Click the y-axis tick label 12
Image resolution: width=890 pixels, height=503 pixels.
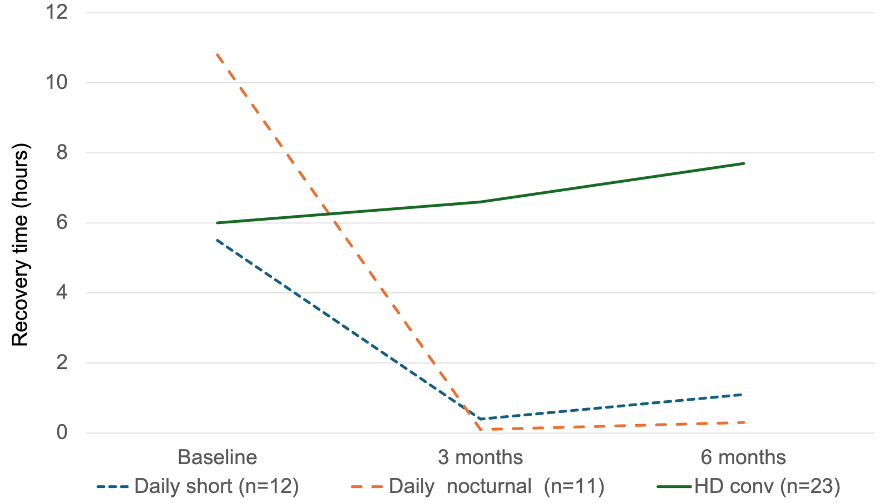(57, 12)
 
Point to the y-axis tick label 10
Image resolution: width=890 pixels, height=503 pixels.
(57, 82)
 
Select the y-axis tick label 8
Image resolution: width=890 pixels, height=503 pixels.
(62, 152)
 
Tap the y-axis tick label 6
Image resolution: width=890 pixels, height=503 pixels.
(62, 222)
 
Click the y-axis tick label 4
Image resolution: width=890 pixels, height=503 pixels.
(62, 292)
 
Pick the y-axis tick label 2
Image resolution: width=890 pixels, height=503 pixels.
(62, 362)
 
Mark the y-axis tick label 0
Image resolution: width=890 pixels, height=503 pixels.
(62, 432)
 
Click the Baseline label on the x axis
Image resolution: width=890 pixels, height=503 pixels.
(217, 457)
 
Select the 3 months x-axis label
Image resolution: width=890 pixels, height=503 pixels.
(480, 457)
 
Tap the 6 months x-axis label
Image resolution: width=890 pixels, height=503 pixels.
(743, 457)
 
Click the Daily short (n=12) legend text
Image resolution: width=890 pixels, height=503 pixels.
(216, 486)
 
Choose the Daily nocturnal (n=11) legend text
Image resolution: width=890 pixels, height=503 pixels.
(496, 486)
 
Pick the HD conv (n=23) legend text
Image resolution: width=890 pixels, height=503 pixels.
(767, 486)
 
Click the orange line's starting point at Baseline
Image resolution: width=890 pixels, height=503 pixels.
(217, 54)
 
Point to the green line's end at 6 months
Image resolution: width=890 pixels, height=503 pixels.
(744, 163)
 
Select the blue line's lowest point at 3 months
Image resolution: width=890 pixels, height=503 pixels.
(480, 419)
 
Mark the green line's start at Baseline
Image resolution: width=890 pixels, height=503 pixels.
(217, 223)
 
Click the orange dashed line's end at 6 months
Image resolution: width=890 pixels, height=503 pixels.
(744, 422)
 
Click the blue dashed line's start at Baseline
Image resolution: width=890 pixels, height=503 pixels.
(217, 240)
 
